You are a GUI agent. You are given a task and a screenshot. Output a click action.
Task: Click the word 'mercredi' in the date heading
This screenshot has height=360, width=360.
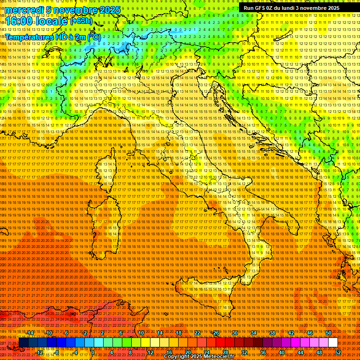(23, 10)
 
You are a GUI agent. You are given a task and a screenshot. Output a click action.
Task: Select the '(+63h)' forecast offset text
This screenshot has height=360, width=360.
(81, 21)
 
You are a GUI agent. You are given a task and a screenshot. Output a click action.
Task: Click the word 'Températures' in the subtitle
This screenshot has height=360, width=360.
(28, 37)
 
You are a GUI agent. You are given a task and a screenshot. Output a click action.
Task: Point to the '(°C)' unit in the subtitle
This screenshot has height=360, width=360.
(93, 37)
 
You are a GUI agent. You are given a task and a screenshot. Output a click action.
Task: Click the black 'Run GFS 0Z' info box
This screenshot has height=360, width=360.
(290, 8)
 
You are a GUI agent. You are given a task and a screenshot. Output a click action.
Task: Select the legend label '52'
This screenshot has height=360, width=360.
(338, 352)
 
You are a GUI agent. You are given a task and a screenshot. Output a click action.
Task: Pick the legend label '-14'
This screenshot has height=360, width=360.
(30, 333)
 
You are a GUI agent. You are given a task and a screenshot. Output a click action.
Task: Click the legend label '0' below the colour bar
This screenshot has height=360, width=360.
(93, 352)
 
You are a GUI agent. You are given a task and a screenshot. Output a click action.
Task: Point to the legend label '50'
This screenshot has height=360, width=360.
(328, 333)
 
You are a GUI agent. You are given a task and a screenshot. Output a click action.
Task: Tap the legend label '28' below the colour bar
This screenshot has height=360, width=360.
(225, 352)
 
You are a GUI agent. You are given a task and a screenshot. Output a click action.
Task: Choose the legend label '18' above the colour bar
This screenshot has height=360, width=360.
(178, 333)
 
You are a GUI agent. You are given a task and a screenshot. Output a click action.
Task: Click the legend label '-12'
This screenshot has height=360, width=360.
(39, 352)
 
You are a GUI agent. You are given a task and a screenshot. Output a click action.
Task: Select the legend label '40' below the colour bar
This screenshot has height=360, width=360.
(281, 352)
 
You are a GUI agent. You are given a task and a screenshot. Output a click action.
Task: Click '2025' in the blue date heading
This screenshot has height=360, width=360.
(109, 10)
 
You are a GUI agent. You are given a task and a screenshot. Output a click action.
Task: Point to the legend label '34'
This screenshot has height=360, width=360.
(253, 333)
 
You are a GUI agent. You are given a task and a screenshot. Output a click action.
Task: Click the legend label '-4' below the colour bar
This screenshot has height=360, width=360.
(75, 352)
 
